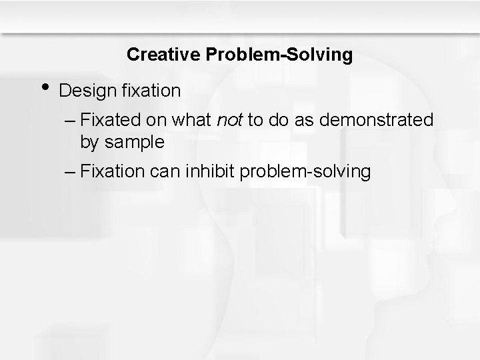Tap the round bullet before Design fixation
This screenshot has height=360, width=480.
45,88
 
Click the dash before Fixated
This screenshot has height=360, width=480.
71,120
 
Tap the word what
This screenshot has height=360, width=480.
192,120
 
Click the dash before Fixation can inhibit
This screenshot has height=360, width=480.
71,171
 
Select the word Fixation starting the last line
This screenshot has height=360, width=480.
112,171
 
